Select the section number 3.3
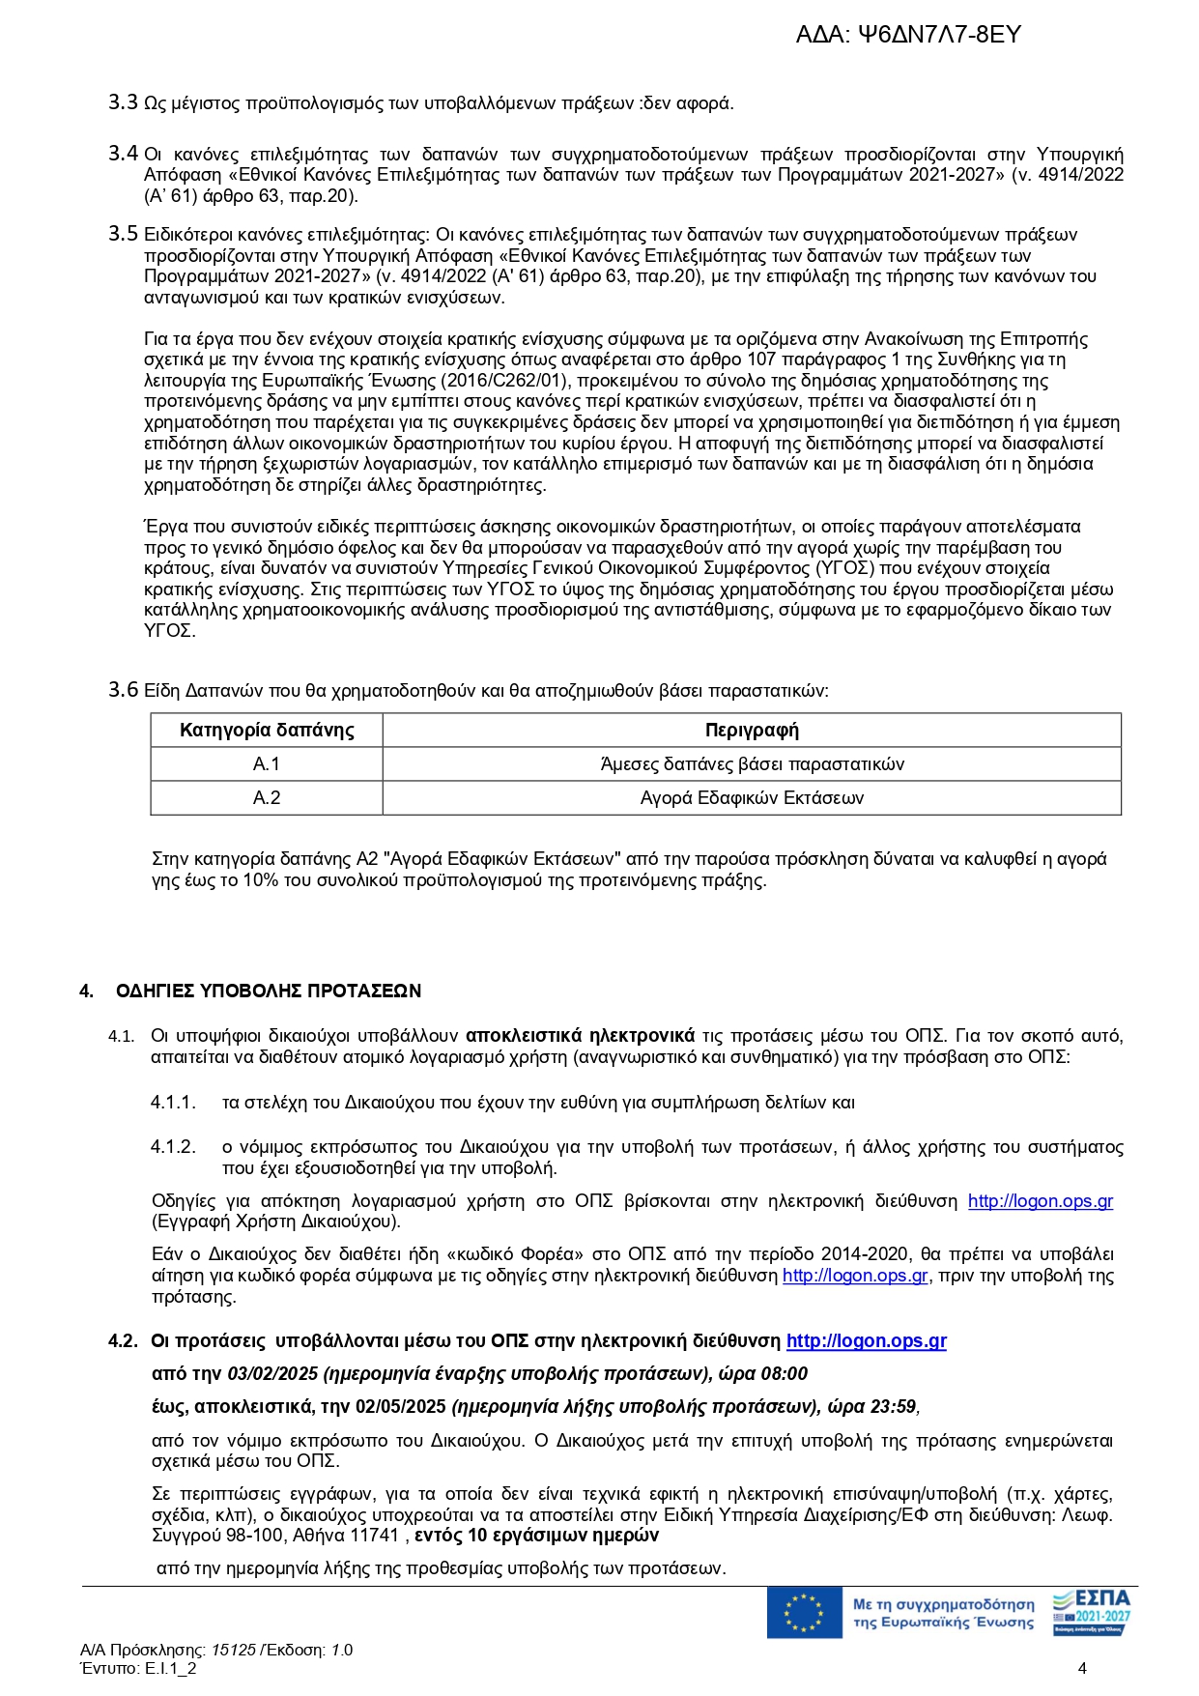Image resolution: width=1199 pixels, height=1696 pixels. (123, 102)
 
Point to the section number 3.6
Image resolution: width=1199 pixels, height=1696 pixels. (123, 690)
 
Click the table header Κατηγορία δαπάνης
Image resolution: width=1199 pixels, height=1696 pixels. (267, 731)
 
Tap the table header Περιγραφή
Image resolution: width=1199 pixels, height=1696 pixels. (752, 731)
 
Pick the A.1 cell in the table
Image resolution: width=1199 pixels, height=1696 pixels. (267, 764)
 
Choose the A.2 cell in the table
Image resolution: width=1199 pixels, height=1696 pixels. (267, 798)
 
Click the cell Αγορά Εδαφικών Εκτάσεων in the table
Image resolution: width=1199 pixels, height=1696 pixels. (752, 798)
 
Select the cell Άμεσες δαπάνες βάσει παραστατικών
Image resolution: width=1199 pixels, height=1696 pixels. (752, 764)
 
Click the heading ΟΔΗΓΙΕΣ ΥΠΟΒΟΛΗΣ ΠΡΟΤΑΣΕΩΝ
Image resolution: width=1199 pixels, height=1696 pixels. (269, 992)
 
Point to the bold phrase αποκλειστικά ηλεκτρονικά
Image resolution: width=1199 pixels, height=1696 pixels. (580, 1036)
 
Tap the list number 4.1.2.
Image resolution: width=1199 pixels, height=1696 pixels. (173, 1147)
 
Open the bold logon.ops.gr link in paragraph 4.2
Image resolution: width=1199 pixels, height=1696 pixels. (866, 1341)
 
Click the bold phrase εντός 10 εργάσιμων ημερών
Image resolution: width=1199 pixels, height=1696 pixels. (536, 1536)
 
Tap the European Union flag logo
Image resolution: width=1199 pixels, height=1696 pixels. (804, 1613)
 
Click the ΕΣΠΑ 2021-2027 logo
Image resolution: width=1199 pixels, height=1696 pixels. (1092, 1612)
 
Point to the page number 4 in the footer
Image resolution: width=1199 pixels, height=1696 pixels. (1082, 1668)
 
